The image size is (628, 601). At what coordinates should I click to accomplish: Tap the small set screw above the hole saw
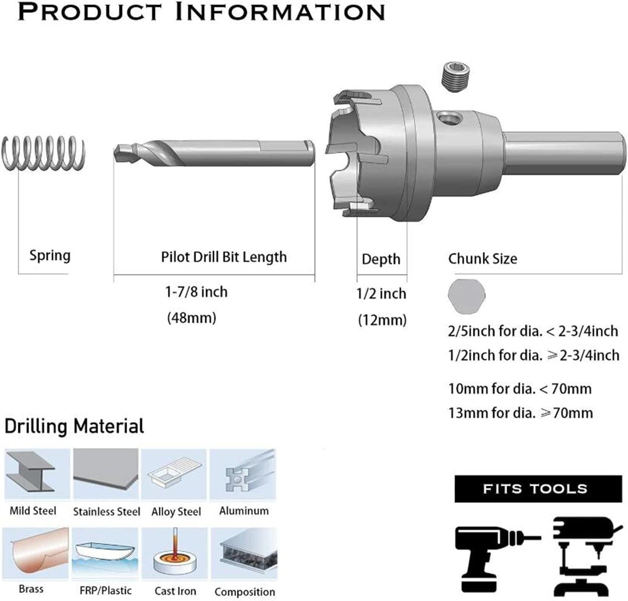point(456,78)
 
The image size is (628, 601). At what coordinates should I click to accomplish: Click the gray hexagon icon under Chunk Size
point(466,296)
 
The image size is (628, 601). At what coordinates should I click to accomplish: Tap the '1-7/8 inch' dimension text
point(196,292)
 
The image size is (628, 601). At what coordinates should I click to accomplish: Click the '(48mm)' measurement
point(192,318)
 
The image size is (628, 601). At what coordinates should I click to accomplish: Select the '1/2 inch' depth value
point(381,294)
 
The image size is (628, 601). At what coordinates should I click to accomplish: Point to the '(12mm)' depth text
point(383,320)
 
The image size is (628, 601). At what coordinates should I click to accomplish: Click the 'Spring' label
point(50,256)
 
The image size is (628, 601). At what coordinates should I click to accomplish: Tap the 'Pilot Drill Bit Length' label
point(224,257)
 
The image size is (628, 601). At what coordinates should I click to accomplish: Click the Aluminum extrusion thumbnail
point(243,474)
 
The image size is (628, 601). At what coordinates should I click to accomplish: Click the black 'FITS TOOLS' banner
point(538,489)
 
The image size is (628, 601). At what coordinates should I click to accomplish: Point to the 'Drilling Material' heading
point(74,426)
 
